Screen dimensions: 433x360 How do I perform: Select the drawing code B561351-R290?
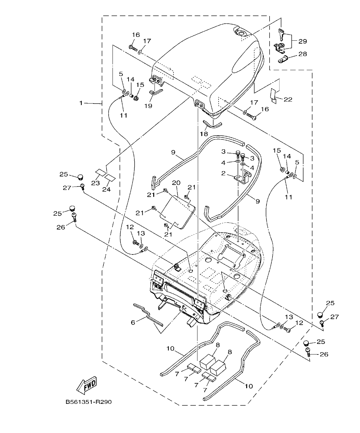pos(88,402)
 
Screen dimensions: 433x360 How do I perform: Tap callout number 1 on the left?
pos(81,103)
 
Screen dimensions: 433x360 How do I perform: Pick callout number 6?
pos(133,322)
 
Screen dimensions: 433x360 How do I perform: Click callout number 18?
pos(204,134)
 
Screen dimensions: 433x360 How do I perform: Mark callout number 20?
pos(176,183)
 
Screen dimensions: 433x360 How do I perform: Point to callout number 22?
pos(288,99)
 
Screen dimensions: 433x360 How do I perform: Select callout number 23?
pos(96,183)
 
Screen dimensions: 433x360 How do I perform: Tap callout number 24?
pos(106,189)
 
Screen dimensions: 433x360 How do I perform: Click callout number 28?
pos(303,54)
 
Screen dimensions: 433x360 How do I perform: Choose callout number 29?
pos(303,41)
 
